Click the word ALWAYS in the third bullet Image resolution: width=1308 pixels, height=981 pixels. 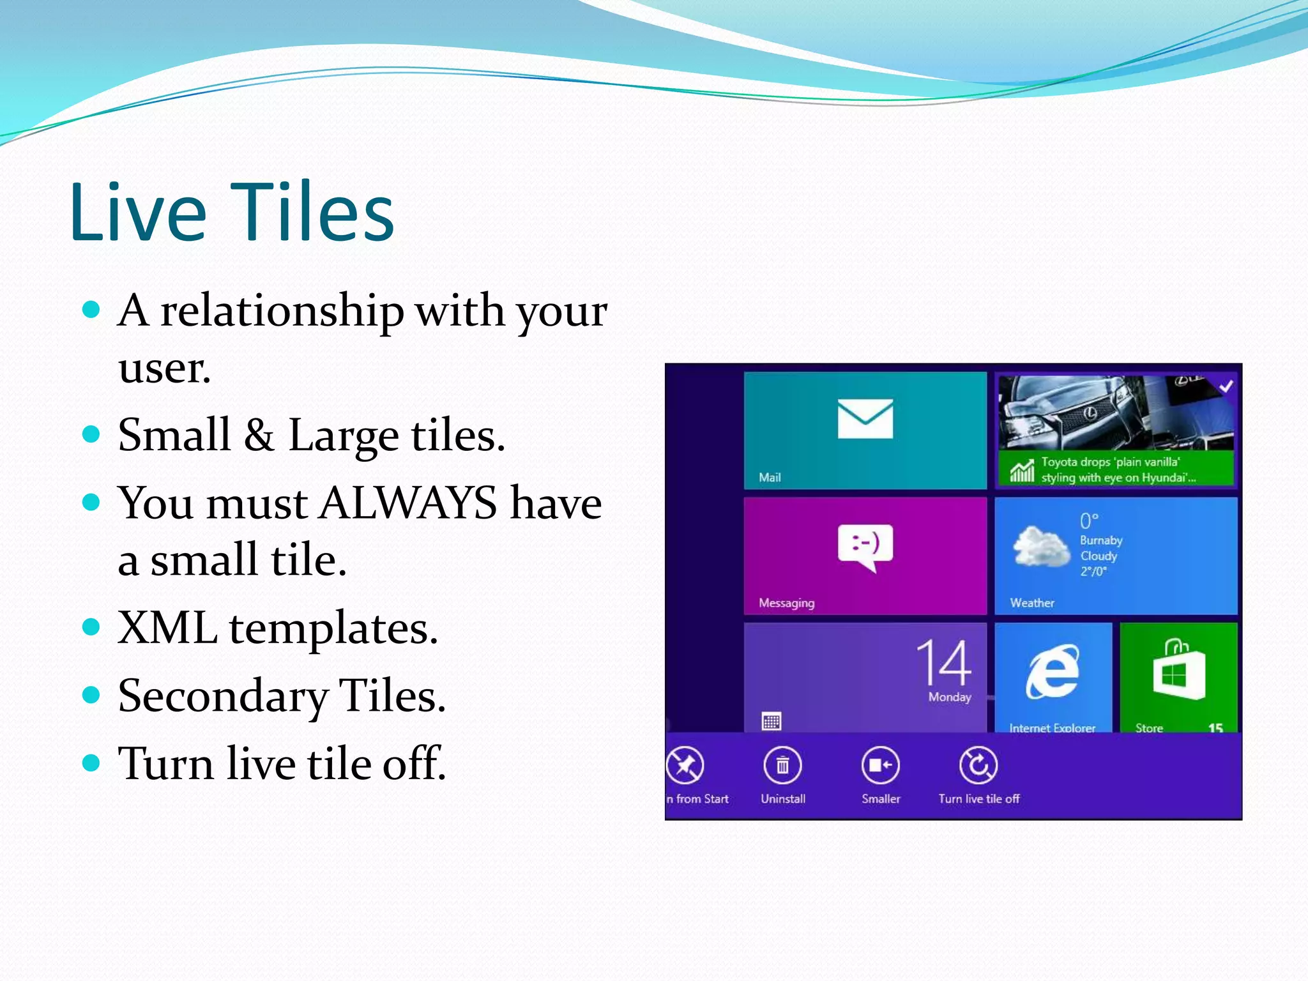tap(407, 503)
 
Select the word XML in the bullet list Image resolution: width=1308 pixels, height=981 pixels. tap(167, 627)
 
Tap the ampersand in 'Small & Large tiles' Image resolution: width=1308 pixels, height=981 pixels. tap(259, 435)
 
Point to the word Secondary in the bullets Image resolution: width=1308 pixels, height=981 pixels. tap(222, 696)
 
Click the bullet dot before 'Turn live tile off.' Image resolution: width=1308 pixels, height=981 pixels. tap(92, 762)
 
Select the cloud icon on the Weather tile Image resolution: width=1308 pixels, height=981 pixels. tap(1040, 547)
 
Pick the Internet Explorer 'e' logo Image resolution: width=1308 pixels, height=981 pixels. tap(1052, 672)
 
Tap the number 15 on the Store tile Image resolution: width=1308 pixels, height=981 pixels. tap(1215, 727)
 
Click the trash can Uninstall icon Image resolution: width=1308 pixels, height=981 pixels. tap(782, 765)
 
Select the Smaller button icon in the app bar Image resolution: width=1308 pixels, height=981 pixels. tap(880, 765)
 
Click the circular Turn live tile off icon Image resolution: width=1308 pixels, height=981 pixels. tap(978, 765)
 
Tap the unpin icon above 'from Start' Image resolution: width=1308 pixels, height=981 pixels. tap(685, 765)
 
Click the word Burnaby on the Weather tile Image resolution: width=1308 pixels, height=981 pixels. tap(1100, 540)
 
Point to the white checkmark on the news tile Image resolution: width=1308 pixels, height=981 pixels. tap(1226, 386)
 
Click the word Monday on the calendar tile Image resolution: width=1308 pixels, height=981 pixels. tap(949, 697)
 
